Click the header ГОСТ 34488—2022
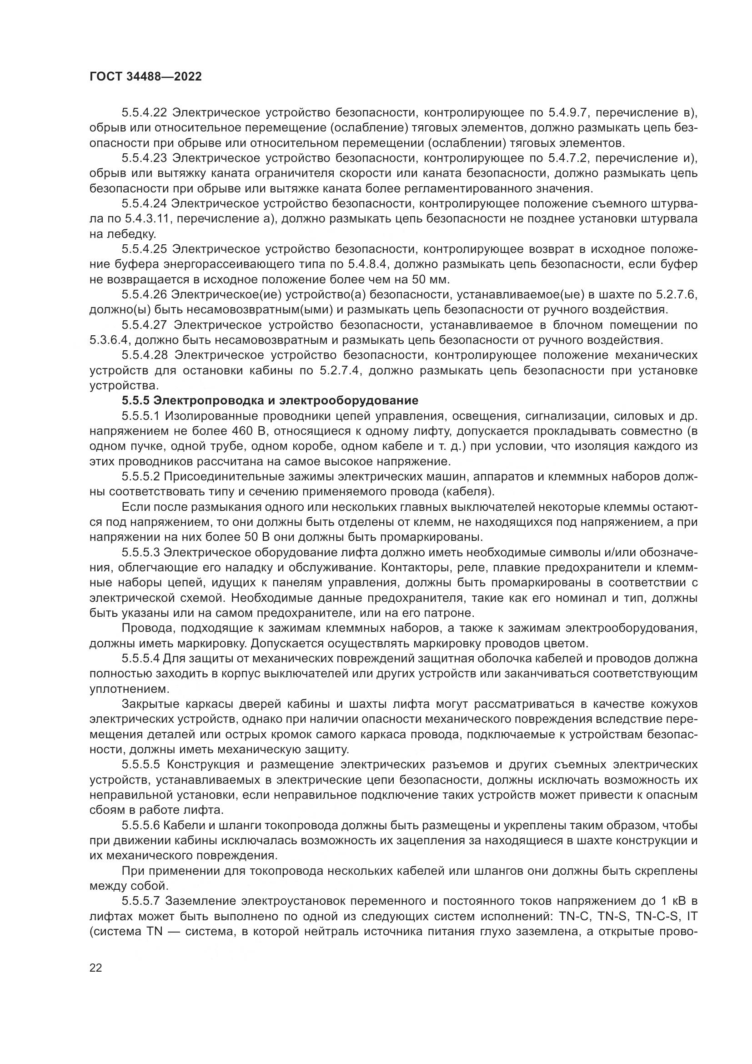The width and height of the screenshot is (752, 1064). click(145, 77)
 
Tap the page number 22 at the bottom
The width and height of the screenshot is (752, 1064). click(96, 968)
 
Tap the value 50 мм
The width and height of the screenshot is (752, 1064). click(429, 280)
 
